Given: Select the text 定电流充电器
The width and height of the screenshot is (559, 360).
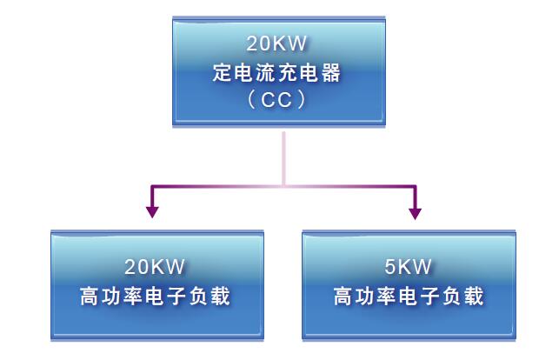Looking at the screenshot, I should (278, 72).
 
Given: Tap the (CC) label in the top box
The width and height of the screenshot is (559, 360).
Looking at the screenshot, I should (278, 100).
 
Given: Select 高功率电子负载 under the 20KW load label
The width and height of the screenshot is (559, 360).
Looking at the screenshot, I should (156, 297).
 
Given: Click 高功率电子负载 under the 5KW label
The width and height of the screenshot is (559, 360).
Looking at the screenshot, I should (409, 297).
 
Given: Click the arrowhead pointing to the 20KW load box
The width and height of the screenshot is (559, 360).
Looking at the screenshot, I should (153, 211).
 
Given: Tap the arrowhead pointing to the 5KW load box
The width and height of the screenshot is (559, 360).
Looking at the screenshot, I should (414, 211).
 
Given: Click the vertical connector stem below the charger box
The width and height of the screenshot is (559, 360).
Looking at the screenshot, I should (283, 157).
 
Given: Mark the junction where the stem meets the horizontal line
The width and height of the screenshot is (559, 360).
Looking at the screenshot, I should (283, 186).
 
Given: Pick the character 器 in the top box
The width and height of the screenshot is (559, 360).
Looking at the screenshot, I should (333, 72).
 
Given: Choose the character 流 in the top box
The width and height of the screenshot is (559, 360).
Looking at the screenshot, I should (267, 72).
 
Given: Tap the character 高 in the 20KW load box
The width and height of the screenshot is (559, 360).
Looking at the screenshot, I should (90, 297).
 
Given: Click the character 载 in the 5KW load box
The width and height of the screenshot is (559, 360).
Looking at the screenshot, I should (474, 297).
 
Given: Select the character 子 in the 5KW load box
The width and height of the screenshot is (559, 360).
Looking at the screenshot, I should (430, 297).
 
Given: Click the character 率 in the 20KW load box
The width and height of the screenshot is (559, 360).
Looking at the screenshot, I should (133, 297).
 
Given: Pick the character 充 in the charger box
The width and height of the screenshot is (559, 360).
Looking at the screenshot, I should (289, 72).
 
